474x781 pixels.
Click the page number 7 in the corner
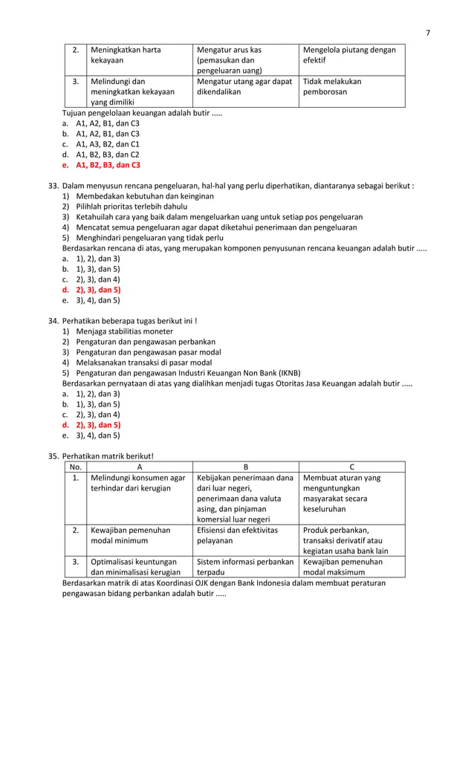coord(427,32)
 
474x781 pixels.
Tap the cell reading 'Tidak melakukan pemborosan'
coord(331,87)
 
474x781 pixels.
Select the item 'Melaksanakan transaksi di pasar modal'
coord(143,363)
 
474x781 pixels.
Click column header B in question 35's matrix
coord(245,467)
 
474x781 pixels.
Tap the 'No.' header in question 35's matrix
coord(75,467)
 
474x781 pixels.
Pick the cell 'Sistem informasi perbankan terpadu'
coord(245,567)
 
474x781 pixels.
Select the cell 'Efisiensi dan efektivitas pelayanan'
coord(238,536)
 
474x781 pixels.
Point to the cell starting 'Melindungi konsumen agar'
coord(138,483)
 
